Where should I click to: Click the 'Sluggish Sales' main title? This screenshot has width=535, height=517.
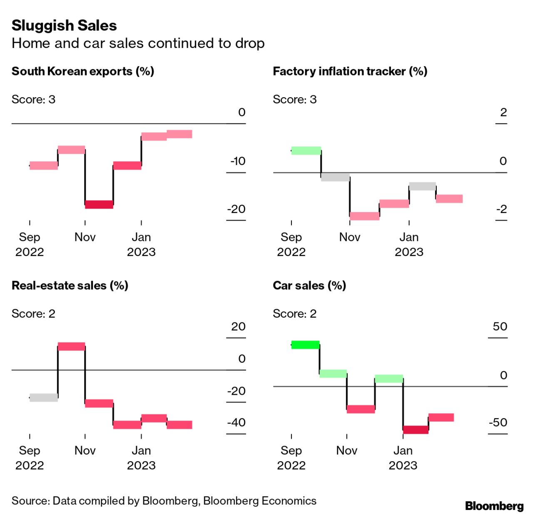[64, 26]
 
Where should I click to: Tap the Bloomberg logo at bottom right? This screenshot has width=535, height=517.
[494, 506]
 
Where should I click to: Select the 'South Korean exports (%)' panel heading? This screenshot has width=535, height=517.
[83, 71]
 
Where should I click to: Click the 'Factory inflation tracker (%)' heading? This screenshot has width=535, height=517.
[350, 71]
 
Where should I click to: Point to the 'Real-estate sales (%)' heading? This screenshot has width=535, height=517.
[70, 286]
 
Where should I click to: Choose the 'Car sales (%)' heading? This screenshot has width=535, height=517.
[309, 286]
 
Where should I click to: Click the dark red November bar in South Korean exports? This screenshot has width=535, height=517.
[99, 204]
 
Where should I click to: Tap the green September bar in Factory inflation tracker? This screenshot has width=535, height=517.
[306, 151]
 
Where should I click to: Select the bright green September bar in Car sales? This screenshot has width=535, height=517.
[305, 345]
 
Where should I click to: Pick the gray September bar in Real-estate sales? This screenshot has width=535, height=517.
[44, 397]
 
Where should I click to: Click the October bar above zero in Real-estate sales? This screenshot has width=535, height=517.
[71, 346]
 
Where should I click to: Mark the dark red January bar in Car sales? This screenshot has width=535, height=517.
[416, 429]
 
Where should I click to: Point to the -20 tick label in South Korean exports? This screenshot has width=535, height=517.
[236, 209]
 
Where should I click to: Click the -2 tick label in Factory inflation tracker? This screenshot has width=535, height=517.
[501, 209]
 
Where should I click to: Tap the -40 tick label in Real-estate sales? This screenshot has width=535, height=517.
[236, 422]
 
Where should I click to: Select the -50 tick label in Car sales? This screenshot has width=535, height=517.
[498, 422]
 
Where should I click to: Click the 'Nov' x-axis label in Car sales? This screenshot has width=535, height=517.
[347, 450]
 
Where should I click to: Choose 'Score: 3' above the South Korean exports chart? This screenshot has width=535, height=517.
[33, 100]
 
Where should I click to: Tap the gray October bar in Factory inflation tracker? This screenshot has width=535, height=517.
[335, 177]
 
